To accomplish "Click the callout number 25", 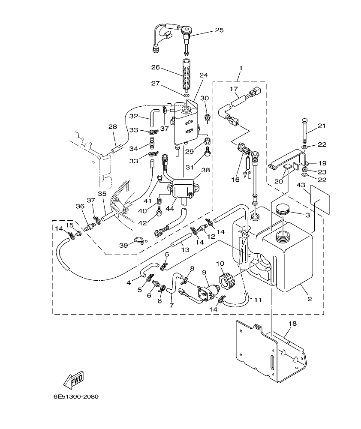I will click(x=219, y=30).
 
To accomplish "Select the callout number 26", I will click(x=155, y=67).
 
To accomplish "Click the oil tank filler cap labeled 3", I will click(x=283, y=210).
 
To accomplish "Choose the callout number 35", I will click(x=102, y=194).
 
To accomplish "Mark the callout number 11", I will click(x=258, y=300).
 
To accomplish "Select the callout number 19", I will click(x=322, y=163).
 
